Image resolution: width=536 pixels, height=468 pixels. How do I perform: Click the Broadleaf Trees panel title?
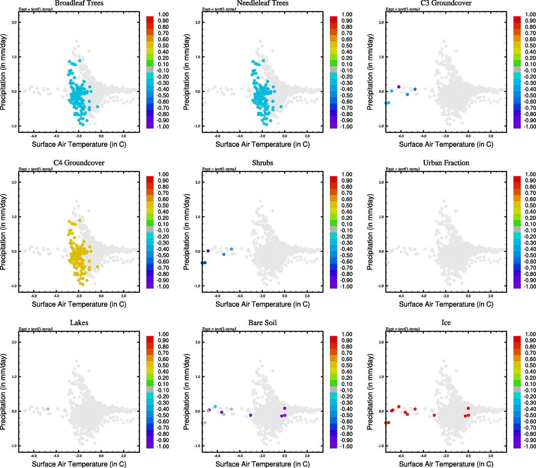click(79, 3)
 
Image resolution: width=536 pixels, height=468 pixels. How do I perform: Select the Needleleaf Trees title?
click(262, 3)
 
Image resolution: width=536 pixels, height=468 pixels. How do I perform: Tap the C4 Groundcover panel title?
click(79, 163)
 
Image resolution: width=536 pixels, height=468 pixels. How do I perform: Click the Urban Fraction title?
click(446, 163)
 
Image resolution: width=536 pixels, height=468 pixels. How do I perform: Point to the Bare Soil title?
click(262, 323)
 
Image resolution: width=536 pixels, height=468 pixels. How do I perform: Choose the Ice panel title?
click(446, 323)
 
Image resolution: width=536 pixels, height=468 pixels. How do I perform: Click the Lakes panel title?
click(79, 323)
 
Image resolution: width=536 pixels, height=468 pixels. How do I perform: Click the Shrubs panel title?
click(262, 163)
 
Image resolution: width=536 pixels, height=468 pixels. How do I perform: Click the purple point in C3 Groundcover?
click(399, 87)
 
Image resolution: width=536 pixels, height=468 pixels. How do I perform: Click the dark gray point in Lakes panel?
click(48, 409)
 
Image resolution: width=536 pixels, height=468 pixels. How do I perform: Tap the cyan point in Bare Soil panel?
click(215, 406)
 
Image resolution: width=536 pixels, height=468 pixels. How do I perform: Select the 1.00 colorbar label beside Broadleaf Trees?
click(163, 14)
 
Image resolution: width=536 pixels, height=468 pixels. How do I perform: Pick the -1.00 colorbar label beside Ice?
click(530, 447)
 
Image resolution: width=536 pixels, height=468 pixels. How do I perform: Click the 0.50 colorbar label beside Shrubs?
click(347, 206)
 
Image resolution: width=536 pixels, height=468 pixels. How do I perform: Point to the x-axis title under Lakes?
click(79, 464)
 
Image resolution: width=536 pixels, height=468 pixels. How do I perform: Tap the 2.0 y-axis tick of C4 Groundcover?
click(14, 182)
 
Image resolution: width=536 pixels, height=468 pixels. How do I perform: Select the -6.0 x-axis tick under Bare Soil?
click(217, 456)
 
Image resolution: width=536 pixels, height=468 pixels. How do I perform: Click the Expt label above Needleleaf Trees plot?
click(219, 9)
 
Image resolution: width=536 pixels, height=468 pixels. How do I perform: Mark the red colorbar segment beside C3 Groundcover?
click(517, 19)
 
